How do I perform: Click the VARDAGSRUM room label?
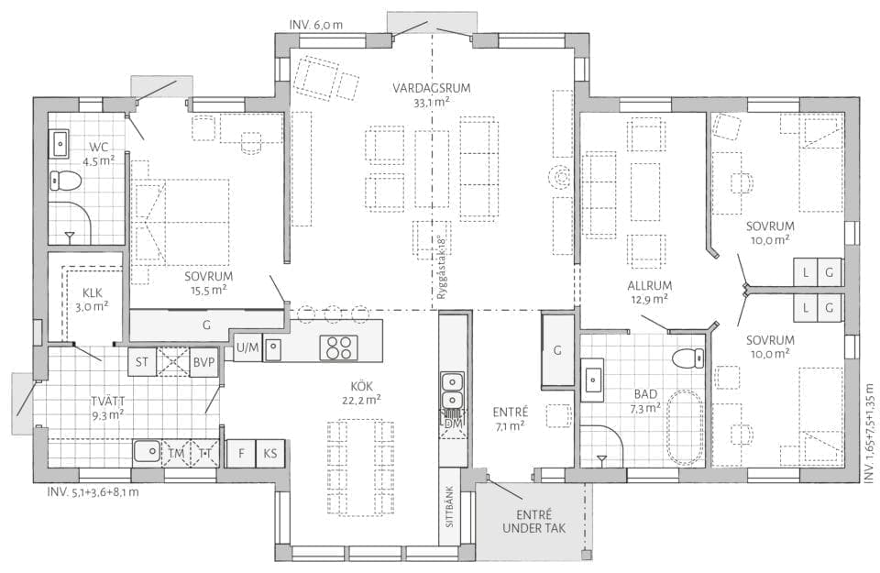pos(431,88)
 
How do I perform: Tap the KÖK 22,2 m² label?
pos(361,393)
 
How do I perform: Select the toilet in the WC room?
pos(65,180)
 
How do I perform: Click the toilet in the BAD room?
pos(688,357)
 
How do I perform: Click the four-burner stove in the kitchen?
pos(338,347)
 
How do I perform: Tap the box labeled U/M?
pos(247,348)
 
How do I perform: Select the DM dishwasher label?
pos(453,424)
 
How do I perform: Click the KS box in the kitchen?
pos(270,453)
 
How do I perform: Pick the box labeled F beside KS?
pos(241,453)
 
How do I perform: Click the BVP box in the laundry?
pos(203,362)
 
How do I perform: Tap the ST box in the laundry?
pos(142,362)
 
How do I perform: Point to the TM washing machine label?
pos(176,453)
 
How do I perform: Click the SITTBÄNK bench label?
pos(449,507)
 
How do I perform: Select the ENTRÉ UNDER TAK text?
pos(534,522)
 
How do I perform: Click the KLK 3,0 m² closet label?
pos(93,299)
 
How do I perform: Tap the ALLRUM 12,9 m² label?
pos(649,292)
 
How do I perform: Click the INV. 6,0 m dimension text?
pos(316,26)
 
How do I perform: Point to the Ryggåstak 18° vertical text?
pos(441,267)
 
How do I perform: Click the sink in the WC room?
pos(60,144)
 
